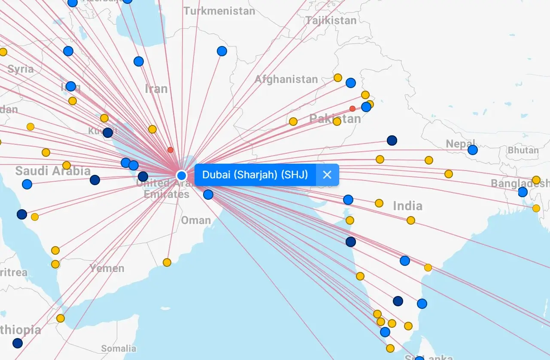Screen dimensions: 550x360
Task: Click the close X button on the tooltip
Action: click(327, 175)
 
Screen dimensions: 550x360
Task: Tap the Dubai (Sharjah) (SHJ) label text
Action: click(255, 175)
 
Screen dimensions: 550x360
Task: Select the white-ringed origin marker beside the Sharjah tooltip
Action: click(182, 175)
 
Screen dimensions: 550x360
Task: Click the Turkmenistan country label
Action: click(219, 11)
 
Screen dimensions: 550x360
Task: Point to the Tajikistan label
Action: click(331, 20)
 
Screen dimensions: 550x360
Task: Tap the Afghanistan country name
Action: click(286, 79)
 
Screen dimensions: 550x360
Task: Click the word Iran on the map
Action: click(156, 89)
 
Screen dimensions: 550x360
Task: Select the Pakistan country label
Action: click(335, 119)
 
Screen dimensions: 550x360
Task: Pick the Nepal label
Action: click(460, 143)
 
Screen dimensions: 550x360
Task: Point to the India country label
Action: click(407, 206)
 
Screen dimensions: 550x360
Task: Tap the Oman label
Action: click(196, 220)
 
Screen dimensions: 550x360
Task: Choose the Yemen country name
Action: click(107, 268)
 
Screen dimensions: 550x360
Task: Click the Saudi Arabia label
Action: click(53, 171)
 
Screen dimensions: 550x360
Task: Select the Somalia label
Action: click(119, 348)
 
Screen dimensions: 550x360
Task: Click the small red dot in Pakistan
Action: click(352, 109)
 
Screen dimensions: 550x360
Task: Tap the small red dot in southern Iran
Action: click(170, 150)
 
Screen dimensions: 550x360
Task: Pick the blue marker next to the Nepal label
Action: click(473, 150)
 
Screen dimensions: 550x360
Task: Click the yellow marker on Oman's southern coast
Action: click(167, 262)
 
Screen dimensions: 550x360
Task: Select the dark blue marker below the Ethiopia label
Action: click(18, 343)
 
